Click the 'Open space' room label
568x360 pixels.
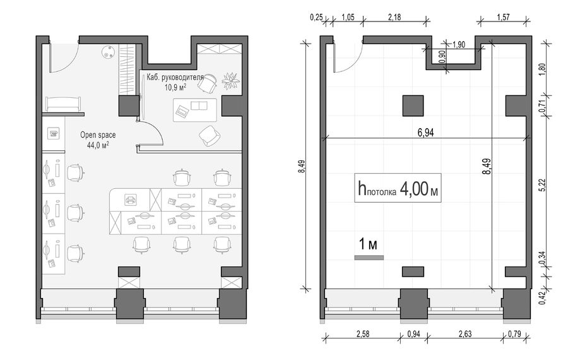(x=98, y=135)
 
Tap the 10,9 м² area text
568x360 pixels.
(x=175, y=87)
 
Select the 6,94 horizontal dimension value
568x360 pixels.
(x=425, y=133)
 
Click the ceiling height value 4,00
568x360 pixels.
(x=413, y=189)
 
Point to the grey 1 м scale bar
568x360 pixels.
(x=369, y=258)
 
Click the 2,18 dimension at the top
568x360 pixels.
(x=394, y=17)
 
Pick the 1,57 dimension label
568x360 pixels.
(x=503, y=17)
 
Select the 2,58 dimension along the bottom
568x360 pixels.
(x=363, y=333)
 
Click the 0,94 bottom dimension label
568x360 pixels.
(x=413, y=333)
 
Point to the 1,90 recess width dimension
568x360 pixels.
(x=459, y=45)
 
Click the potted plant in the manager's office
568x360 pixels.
(x=231, y=80)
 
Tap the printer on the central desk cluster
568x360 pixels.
(x=130, y=199)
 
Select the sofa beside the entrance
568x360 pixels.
(x=63, y=104)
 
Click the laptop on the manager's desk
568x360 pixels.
(x=182, y=111)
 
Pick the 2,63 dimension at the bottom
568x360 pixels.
(x=464, y=333)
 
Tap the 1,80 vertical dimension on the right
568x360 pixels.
(x=542, y=69)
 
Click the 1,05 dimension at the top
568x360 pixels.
(x=348, y=17)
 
